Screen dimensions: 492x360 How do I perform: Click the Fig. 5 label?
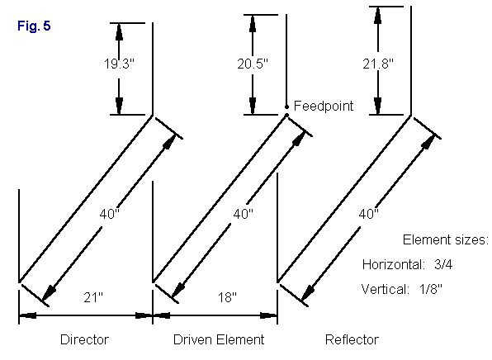click(x=34, y=26)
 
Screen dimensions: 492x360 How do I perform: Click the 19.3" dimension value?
click(x=119, y=64)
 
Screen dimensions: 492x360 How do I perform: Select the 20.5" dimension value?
click(x=253, y=64)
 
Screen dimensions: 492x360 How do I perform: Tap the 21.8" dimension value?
click(x=378, y=64)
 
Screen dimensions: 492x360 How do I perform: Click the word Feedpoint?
click(x=324, y=106)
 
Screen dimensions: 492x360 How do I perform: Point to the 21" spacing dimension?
click(x=93, y=297)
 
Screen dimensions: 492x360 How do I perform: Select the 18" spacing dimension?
click(x=227, y=297)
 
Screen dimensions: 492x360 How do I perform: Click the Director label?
click(x=85, y=339)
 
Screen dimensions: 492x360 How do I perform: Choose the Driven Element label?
click(x=219, y=339)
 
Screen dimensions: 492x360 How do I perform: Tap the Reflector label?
click(x=352, y=339)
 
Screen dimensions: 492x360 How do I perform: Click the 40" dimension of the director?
click(x=110, y=214)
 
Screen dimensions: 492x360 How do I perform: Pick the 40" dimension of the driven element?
click(x=244, y=214)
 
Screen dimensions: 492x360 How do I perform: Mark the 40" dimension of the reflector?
click(x=369, y=214)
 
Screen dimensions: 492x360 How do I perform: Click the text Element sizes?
click(x=446, y=239)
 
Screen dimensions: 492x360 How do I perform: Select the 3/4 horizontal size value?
click(x=443, y=264)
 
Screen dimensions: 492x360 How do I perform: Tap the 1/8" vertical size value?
click(x=431, y=289)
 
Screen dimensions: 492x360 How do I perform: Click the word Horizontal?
click(x=394, y=264)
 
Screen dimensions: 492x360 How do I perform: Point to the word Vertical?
click(x=386, y=289)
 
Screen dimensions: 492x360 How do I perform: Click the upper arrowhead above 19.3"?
click(x=119, y=32)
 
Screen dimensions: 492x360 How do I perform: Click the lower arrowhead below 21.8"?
click(x=378, y=106)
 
